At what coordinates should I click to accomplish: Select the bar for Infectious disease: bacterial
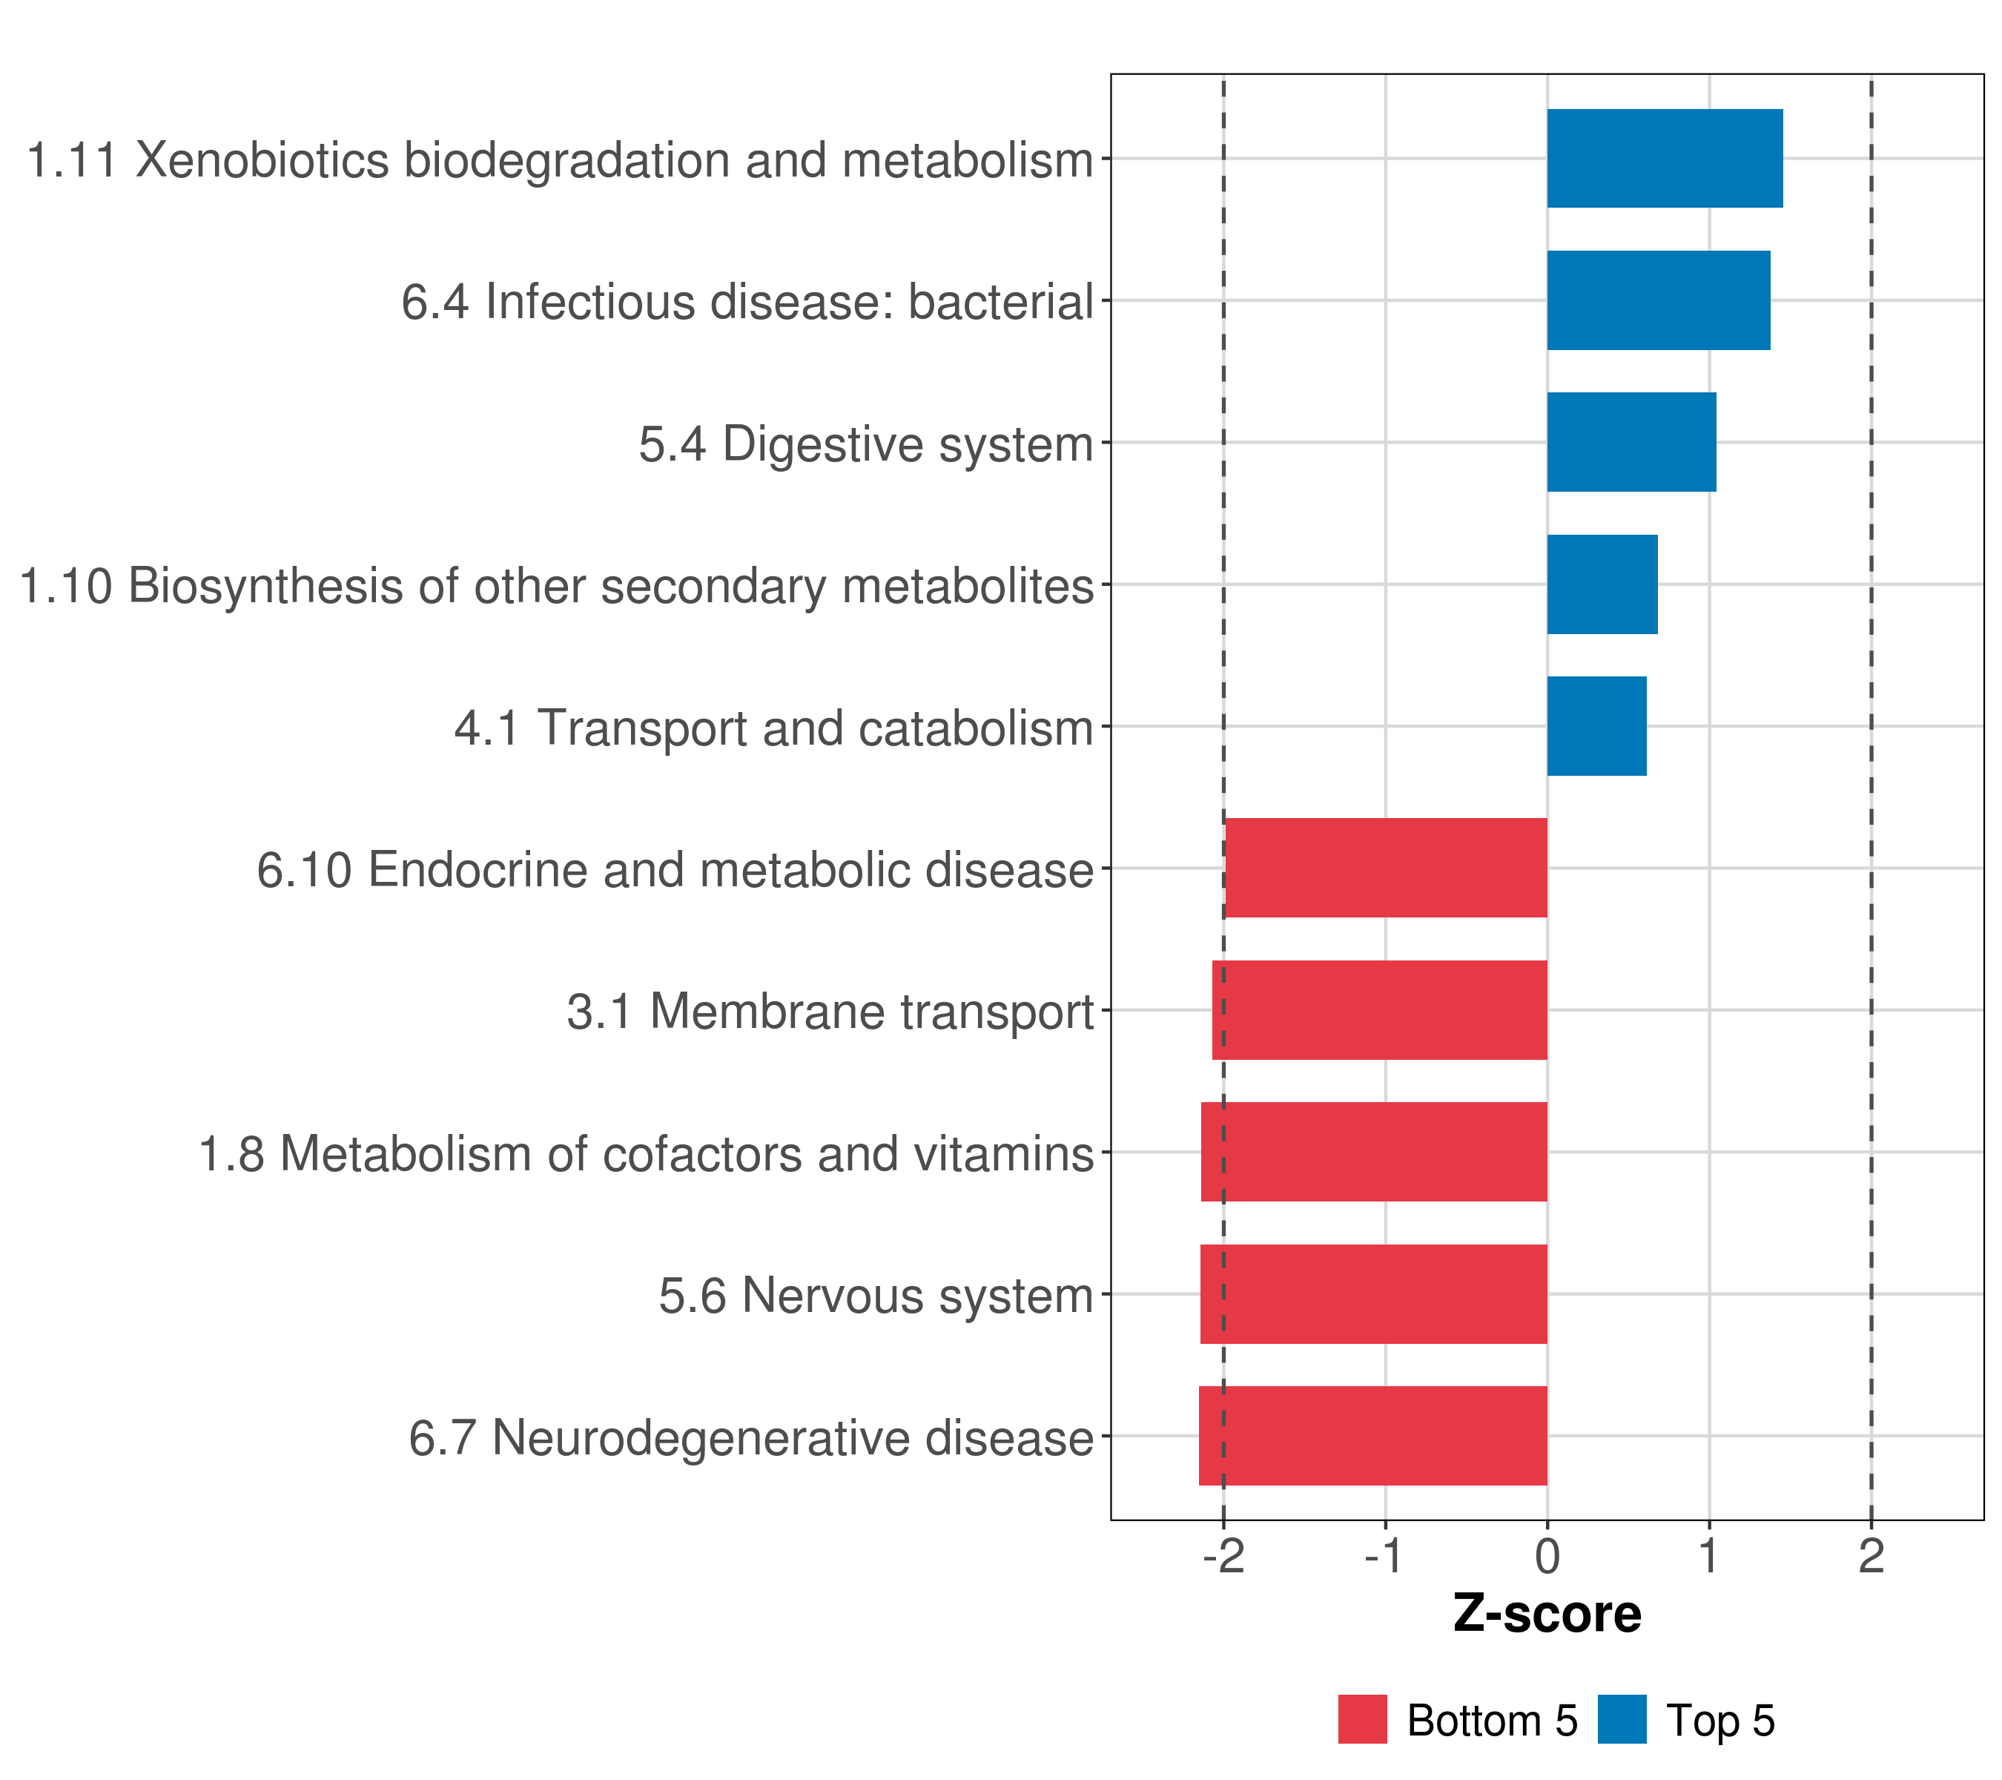(x=1658, y=301)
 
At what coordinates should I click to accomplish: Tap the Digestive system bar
(x=1631, y=442)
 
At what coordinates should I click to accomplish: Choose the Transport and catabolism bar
(x=1596, y=726)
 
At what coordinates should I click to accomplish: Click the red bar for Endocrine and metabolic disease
(x=1386, y=868)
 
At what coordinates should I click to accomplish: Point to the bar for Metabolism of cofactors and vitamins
(x=1374, y=1152)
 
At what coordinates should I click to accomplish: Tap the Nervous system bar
(x=1373, y=1294)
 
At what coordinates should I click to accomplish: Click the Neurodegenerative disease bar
(x=1372, y=1436)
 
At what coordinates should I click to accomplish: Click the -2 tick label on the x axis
(x=1223, y=1557)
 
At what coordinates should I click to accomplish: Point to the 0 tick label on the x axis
(x=1547, y=1557)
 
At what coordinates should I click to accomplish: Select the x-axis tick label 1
(x=1709, y=1557)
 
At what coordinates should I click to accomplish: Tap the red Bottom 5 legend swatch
(x=1362, y=1719)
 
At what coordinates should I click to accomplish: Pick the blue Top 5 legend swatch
(x=1622, y=1719)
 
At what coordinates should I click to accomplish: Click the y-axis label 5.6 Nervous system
(x=876, y=1296)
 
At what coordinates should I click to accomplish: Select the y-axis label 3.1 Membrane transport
(x=830, y=1012)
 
